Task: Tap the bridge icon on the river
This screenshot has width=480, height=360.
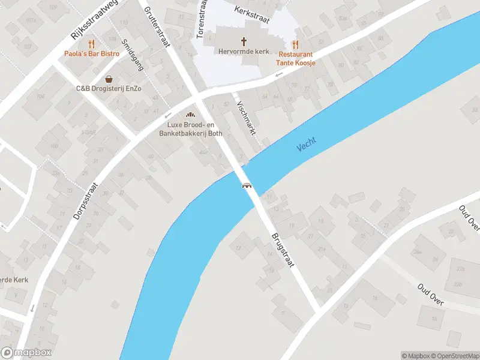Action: click(x=246, y=185)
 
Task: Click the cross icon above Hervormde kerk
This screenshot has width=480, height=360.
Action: click(x=244, y=41)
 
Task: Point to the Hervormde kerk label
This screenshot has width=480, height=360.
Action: click(x=244, y=52)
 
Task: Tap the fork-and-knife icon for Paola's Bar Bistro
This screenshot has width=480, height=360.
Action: click(x=92, y=44)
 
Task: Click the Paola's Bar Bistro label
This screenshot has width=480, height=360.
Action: click(x=92, y=54)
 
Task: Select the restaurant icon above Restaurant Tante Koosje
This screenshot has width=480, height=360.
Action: click(x=295, y=44)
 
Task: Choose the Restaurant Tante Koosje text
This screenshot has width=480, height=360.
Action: click(x=295, y=58)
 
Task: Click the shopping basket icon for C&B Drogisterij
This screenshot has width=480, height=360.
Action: click(x=109, y=79)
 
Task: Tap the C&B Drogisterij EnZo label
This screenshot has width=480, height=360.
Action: click(x=109, y=89)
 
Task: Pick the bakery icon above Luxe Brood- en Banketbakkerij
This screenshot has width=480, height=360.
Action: click(x=191, y=115)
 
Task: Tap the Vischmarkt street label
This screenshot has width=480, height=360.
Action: click(x=247, y=118)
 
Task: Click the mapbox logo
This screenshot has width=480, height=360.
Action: click(x=26, y=353)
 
